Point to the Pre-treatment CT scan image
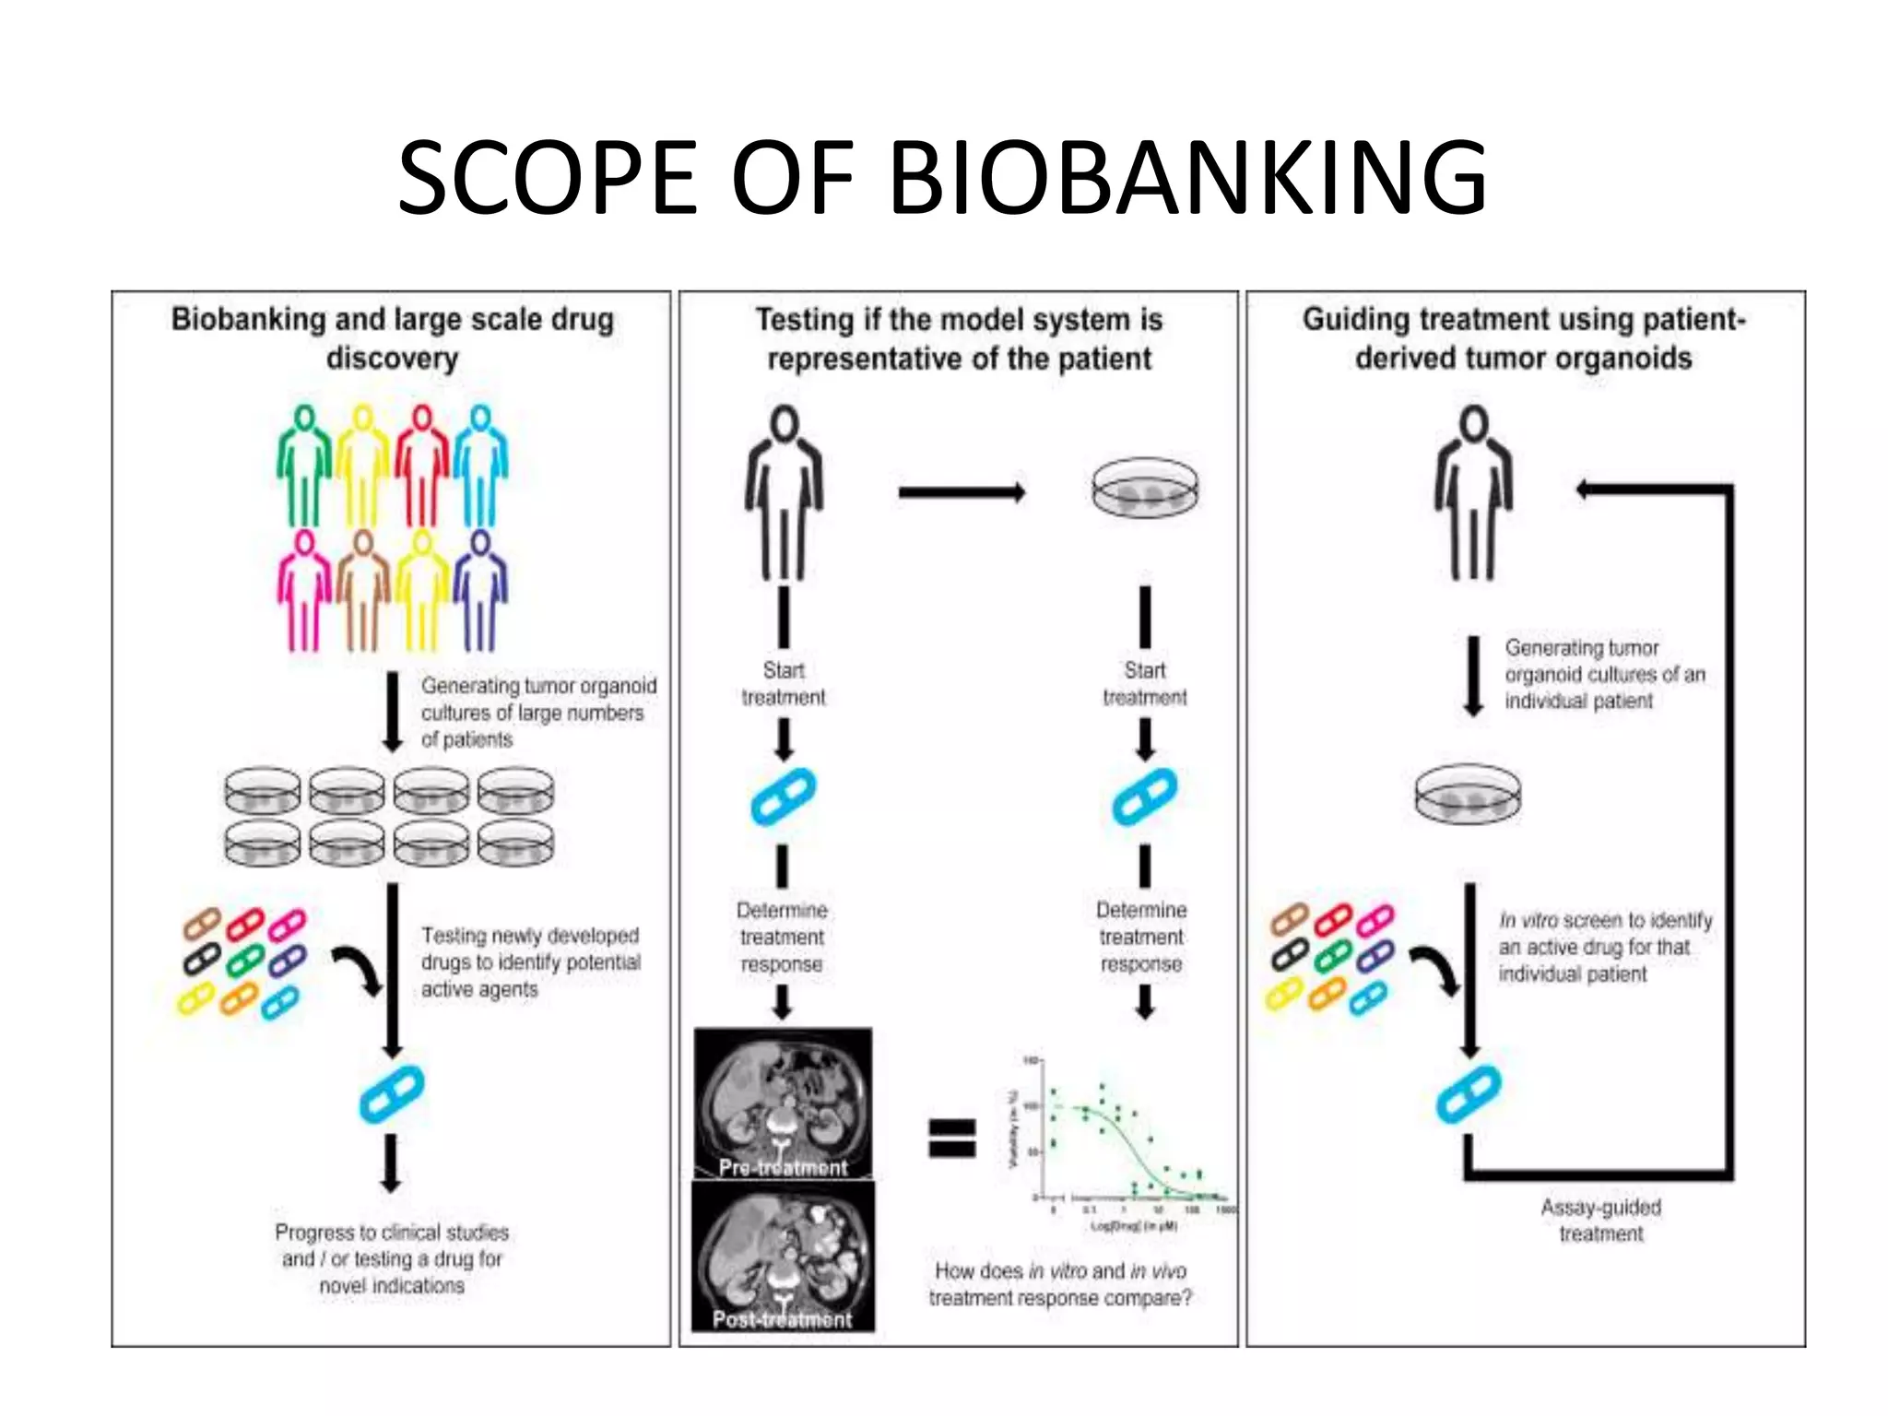(783, 1103)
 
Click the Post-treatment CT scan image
(783, 1256)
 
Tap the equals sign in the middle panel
(951, 1138)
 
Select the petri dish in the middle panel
(1145, 488)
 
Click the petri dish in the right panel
(1468, 793)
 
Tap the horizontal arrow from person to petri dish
(962, 493)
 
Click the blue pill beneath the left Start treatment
(783, 796)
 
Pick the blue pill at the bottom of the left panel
(392, 1094)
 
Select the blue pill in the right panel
(1469, 1094)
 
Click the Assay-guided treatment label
(1601, 1220)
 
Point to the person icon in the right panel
(1473, 493)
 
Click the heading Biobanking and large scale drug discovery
(392, 338)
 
